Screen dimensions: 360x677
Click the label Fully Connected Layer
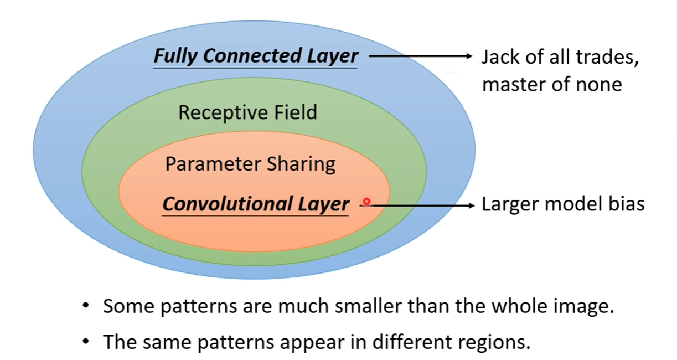coord(256,56)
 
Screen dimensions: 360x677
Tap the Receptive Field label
coord(247,113)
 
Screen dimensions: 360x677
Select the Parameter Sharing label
coord(250,164)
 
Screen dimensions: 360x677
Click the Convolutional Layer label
coord(256,204)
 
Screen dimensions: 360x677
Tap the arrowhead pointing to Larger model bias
coord(472,205)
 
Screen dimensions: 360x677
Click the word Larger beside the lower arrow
coord(510,204)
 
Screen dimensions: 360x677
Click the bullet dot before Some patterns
coord(85,307)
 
